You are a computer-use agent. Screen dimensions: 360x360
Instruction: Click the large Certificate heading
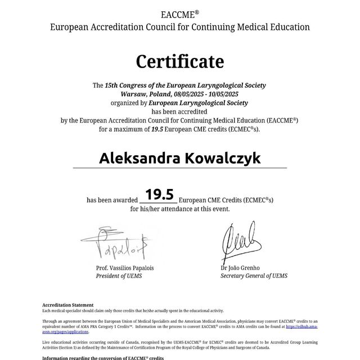[x=180, y=61]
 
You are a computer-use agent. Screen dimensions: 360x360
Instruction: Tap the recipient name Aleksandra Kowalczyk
[x=180, y=158]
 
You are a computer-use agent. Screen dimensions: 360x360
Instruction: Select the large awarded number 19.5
[x=159, y=195]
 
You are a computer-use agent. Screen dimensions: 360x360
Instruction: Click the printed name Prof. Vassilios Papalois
[x=125, y=268]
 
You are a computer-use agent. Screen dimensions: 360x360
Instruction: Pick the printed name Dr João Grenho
[x=240, y=268]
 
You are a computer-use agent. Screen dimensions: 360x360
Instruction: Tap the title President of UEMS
[x=119, y=276]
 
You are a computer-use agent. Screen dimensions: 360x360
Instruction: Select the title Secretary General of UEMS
[x=254, y=276]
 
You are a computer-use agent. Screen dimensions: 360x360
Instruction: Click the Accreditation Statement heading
[x=64, y=305]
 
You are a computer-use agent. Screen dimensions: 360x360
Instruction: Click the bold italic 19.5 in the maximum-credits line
[x=159, y=129]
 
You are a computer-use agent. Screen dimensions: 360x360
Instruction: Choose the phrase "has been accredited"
[x=180, y=111]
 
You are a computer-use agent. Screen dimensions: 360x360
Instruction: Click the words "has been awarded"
[x=112, y=200]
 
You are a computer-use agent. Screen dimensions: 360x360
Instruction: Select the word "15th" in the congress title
[x=111, y=85]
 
